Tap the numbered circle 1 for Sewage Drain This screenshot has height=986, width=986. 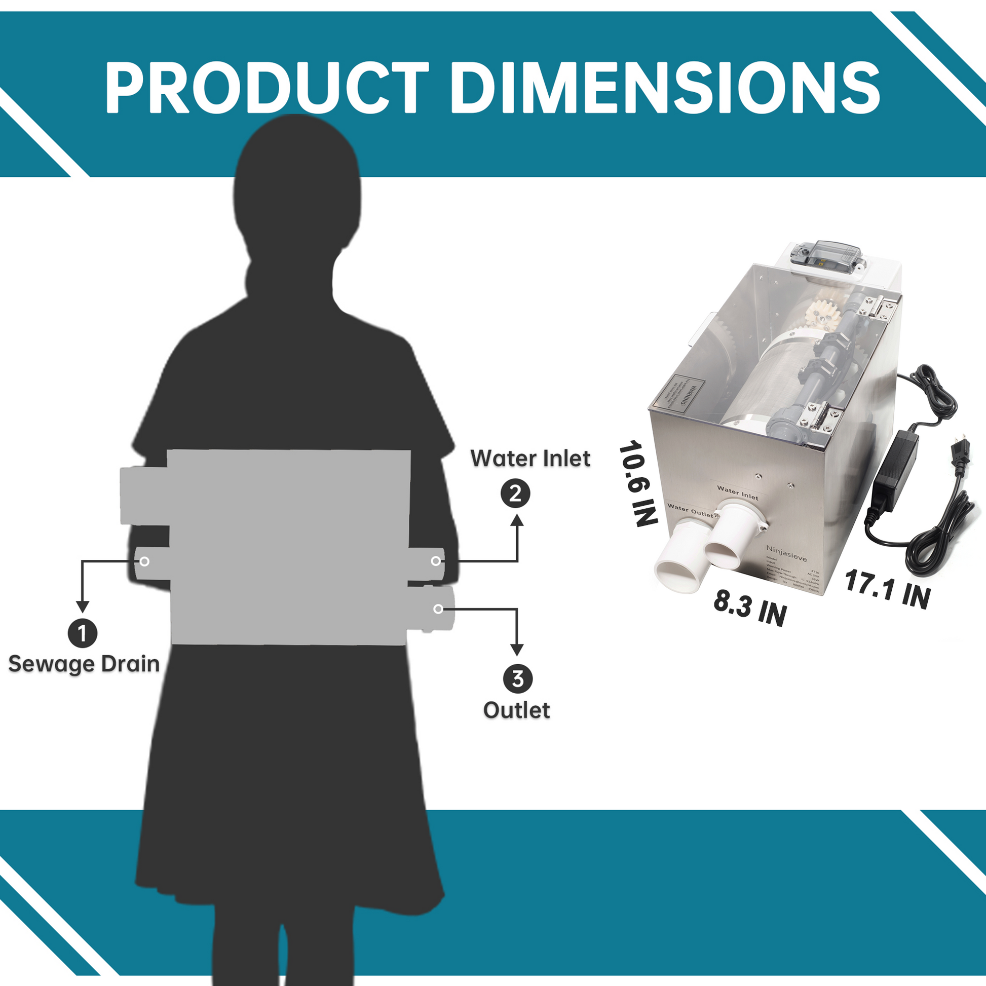point(82,633)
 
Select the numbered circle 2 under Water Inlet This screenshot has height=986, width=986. point(515,494)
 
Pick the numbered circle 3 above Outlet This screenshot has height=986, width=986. point(517,679)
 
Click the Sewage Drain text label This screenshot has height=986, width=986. point(84,664)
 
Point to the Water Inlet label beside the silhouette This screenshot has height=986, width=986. point(530,459)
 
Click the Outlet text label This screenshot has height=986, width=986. point(516,710)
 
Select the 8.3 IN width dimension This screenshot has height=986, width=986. point(750,608)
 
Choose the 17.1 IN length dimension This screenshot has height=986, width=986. point(888,589)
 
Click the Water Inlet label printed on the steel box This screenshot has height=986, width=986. point(737,492)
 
